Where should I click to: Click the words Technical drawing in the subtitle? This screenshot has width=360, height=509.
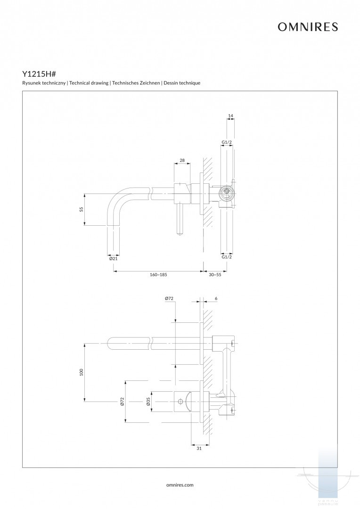point(89,83)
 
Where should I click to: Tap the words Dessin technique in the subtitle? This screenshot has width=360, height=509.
point(182,83)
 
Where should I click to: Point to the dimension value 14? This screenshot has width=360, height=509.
point(230,115)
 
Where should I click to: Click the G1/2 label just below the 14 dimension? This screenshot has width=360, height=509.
point(227,142)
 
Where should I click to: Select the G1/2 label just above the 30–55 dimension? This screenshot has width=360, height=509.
point(227,257)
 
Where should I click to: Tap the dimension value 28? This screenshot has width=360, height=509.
point(182,160)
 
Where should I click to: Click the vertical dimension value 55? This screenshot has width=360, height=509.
point(82,209)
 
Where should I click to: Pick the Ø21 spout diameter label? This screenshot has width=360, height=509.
point(113,258)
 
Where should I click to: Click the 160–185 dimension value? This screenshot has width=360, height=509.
point(158,274)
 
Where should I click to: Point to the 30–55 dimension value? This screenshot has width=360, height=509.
point(215,274)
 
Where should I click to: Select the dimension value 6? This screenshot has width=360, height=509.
point(215,298)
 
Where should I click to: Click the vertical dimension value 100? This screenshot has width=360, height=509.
point(82,372)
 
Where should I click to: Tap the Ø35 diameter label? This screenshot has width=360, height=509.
point(148,402)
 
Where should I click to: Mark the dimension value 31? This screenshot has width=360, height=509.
point(199,449)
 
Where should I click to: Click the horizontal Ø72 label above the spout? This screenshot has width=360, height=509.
point(170,298)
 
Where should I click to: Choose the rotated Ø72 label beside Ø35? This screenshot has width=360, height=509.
point(122,402)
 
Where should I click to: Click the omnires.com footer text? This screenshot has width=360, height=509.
point(180,484)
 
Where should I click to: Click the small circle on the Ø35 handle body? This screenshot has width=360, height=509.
point(180,402)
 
